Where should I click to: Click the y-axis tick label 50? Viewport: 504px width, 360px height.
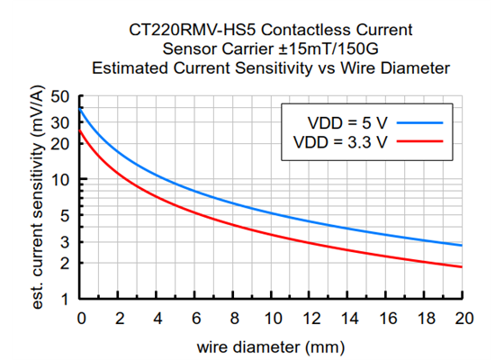[62, 97]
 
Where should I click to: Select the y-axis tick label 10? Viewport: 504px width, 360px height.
[62, 180]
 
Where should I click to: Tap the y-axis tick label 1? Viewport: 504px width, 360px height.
[67, 300]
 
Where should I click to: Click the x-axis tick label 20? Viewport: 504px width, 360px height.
[463, 318]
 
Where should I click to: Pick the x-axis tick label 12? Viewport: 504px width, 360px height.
[310, 318]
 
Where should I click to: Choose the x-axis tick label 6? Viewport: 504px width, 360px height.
[196, 318]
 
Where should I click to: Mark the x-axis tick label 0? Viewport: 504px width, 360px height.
[81, 318]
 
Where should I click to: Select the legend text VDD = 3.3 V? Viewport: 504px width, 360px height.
[340, 141]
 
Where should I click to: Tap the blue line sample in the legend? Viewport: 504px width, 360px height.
[420, 121]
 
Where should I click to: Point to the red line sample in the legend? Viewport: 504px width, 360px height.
[420, 141]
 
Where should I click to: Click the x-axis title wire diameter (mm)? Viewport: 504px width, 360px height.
[272, 346]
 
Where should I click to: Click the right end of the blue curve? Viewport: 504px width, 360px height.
[463, 246]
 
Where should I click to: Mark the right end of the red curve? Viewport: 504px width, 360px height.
[463, 266]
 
